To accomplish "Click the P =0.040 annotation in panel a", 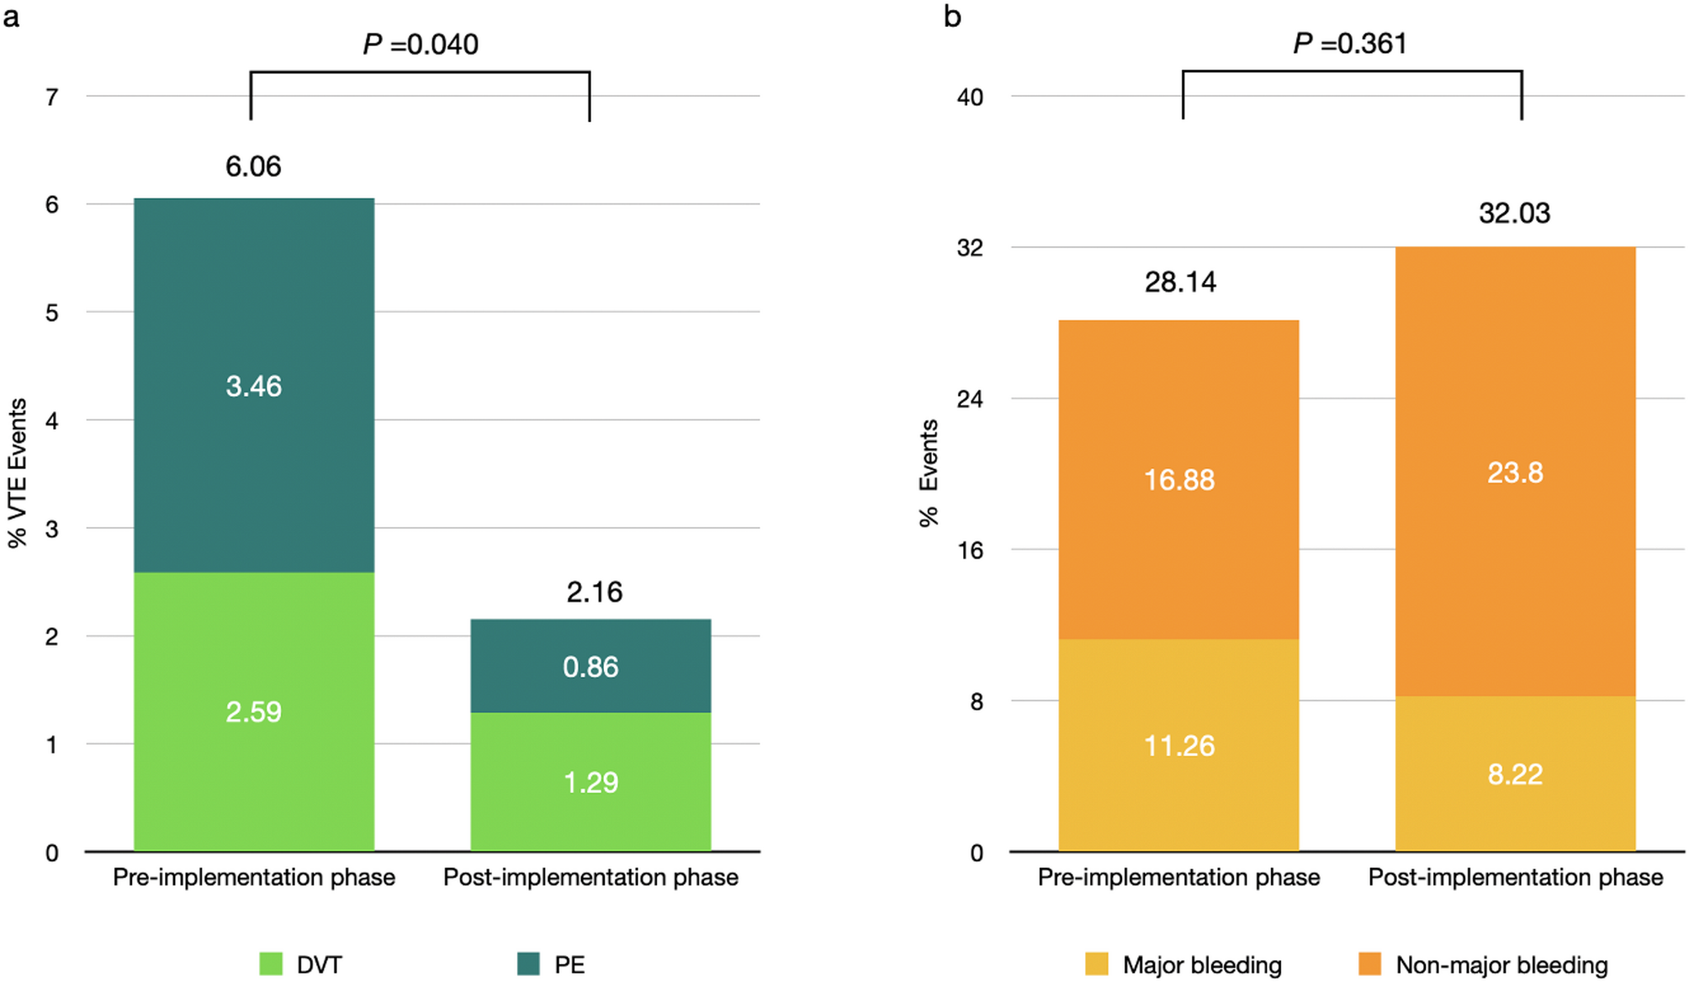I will pyautogui.click(x=421, y=44).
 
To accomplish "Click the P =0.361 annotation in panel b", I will pyautogui.click(x=1350, y=43).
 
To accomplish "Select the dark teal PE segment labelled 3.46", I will pyautogui.click(x=254, y=386).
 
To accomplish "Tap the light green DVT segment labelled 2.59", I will pyautogui.click(x=254, y=711).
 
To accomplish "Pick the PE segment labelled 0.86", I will pyautogui.click(x=590, y=666).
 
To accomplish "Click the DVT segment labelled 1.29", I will pyautogui.click(x=590, y=782).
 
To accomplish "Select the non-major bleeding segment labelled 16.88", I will pyautogui.click(x=1178, y=479).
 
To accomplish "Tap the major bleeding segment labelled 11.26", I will pyautogui.click(x=1178, y=745).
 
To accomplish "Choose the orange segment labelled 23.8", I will pyautogui.click(x=1515, y=472).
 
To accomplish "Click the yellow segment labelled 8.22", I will pyautogui.click(x=1515, y=773).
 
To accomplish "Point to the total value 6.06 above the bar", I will pyautogui.click(x=253, y=166).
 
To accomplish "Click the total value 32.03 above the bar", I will pyautogui.click(x=1514, y=213).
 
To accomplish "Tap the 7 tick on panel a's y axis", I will pyautogui.click(x=52, y=98).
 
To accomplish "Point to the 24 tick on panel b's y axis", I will pyautogui.click(x=970, y=399).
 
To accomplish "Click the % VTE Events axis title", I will pyautogui.click(x=18, y=473).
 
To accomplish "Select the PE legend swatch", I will pyautogui.click(x=528, y=964).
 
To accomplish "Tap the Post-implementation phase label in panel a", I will pyautogui.click(x=590, y=877).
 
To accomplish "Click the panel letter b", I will pyautogui.click(x=952, y=16).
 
